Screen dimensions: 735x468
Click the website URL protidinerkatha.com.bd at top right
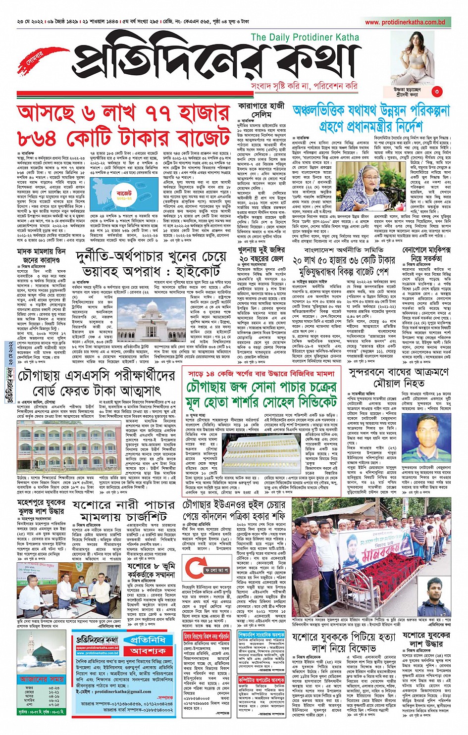coord(405,22)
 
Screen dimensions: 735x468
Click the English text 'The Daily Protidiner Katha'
coord(305,37)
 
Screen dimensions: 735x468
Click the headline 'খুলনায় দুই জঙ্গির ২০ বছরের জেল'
coord(261,255)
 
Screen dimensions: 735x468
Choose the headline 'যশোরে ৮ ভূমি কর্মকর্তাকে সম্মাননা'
coord(151,570)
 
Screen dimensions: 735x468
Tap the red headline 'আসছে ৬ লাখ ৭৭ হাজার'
coord(123,114)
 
